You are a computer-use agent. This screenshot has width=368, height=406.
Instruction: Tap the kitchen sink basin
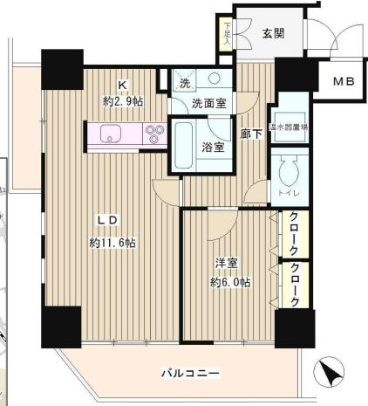point(111,134)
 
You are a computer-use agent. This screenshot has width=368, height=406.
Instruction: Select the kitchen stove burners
point(154,134)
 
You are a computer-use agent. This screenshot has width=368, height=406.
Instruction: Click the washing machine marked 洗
point(184,85)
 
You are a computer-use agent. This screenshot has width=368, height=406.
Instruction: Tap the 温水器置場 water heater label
point(286,127)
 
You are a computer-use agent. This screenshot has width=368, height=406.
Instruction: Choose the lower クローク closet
point(296,284)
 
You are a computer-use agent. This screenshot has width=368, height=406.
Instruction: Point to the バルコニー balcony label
point(189,374)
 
